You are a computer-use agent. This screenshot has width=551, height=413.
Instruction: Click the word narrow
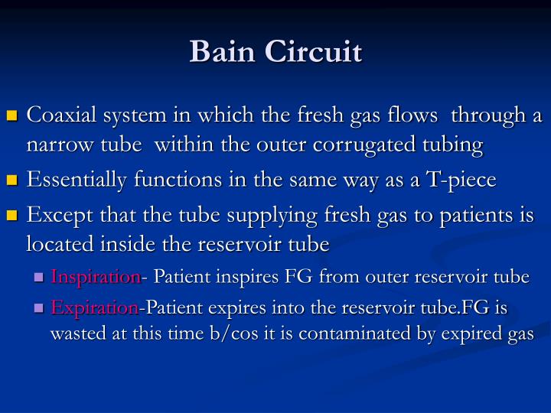pos(54,145)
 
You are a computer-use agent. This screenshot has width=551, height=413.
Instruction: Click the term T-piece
pos(464,180)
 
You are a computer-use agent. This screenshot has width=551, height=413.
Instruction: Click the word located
pos(56,244)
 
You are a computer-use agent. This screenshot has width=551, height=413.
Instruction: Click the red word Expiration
pos(94,308)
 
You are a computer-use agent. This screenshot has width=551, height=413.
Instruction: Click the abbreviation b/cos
pos(204,334)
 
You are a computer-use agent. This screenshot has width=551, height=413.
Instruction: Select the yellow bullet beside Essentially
pos(11,181)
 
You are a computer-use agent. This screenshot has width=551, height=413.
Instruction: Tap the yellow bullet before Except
pos(11,216)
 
